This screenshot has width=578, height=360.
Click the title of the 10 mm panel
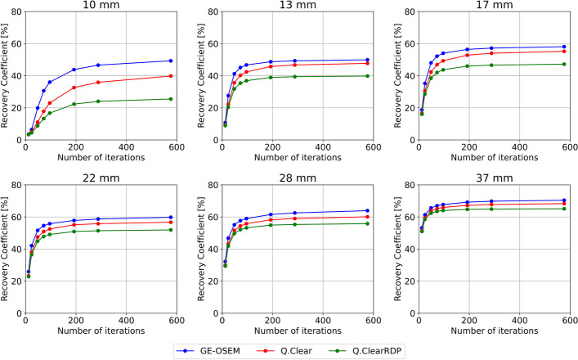pyautogui.click(x=101, y=6)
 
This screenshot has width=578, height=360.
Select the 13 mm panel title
pyautogui.click(x=298, y=6)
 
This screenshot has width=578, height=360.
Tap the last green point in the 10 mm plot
pyautogui.click(x=171, y=99)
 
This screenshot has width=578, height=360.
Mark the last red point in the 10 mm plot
pyautogui.click(x=171, y=76)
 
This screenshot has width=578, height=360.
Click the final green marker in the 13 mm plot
pyautogui.click(x=368, y=76)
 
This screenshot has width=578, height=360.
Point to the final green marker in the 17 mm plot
pyautogui.click(x=564, y=64)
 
